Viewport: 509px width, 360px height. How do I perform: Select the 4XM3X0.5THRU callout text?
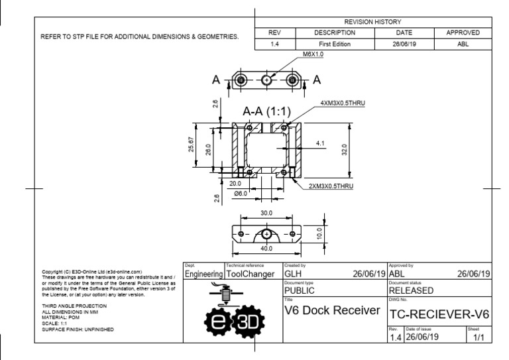(x=343, y=104)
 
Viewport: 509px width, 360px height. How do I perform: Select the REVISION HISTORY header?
(x=373, y=22)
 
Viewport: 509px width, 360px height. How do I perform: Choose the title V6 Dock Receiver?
(x=330, y=312)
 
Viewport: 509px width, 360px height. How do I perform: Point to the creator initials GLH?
(x=294, y=273)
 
